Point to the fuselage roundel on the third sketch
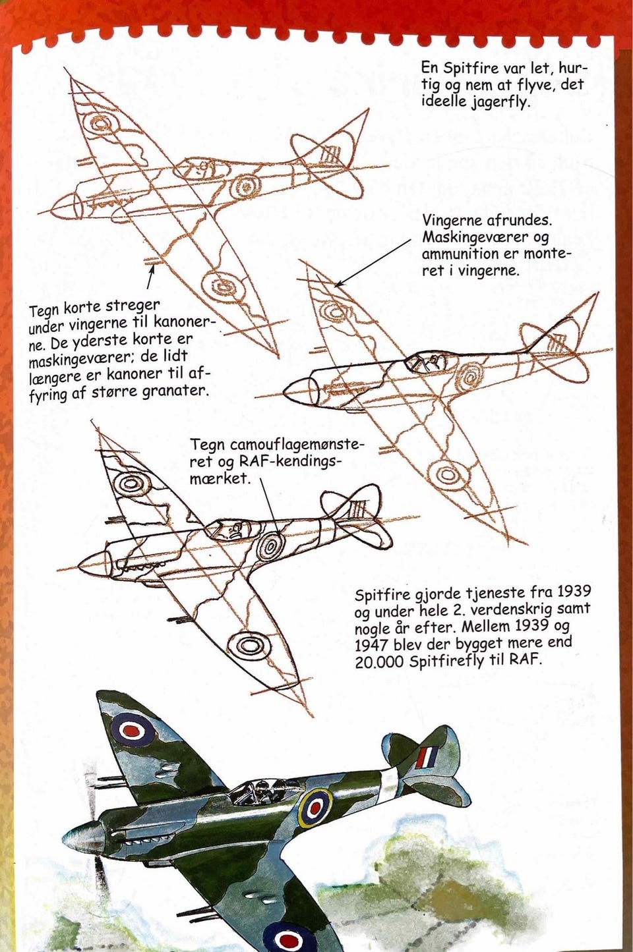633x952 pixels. [x=270, y=546]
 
